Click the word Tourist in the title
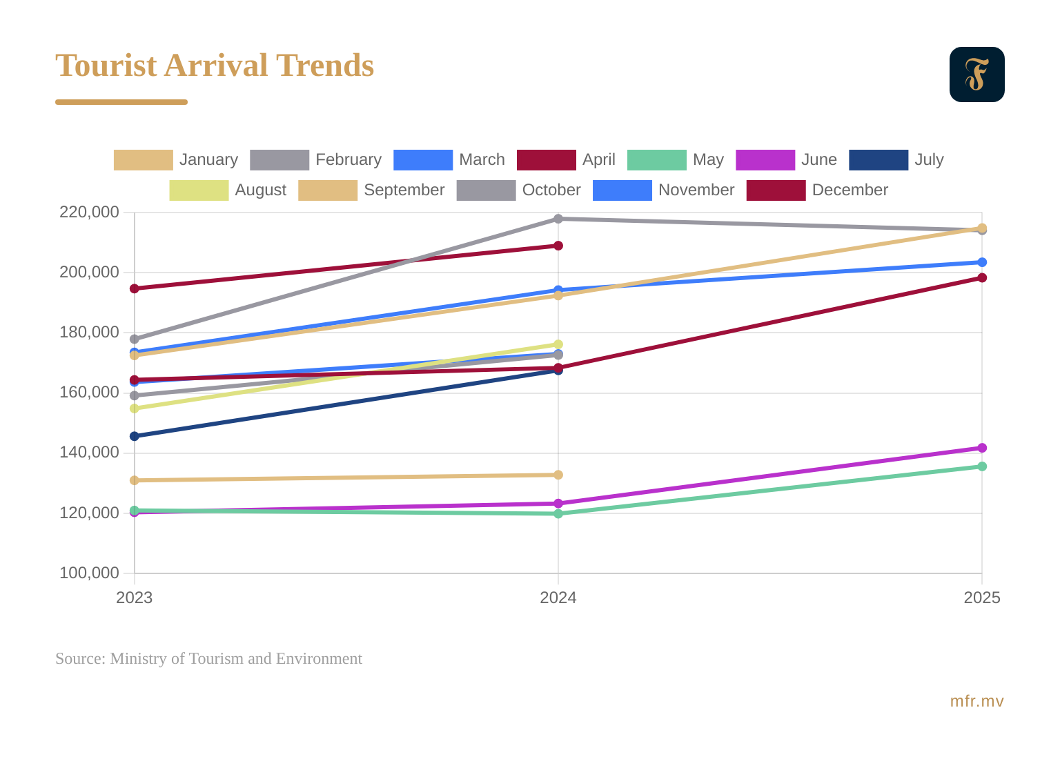pyautogui.click(x=106, y=66)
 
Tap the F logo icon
pyautogui.click(x=976, y=75)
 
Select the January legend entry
pyautogui.click(x=176, y=159)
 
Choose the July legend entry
pyautogui.click(x=896, y=159)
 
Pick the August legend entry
pyautogui.click(x=228, y=190)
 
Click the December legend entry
pyautogui.click(x=817, y=190)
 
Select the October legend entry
pyautogui.click(x=518, y=190)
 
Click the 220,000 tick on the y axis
pyautogui.click(x=89, y=212)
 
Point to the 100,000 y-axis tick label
pyautogui.click(x=89, y=573)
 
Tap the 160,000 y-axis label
pyautogui.click(x=89, y=392)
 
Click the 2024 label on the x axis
pyautogui.click(x=558, y=598)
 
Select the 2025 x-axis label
pyautogui.click(x=981, y=598)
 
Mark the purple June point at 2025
pyautogui.click(x=982, y=448)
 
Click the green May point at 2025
pyautogui.click(x=982, y=466)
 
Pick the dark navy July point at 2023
pyautogui.click(x=135, y=436)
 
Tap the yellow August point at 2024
pyautogui.click(x=558, y=344)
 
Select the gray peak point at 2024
pyautogui.click(x=558, y=219)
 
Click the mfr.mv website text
pyautogui.click(x=976, y=701)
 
